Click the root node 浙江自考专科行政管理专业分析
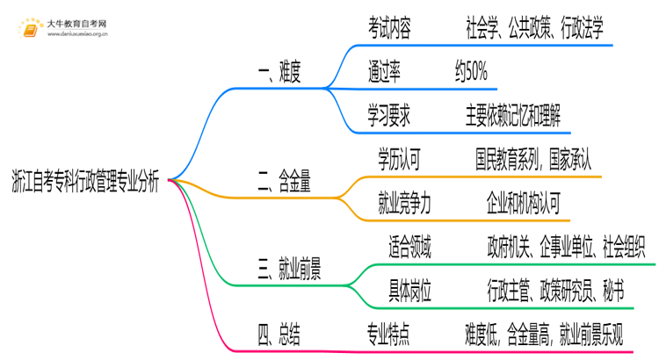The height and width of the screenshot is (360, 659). click(85, 180)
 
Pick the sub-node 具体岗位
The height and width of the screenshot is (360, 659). click(409, 290)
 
